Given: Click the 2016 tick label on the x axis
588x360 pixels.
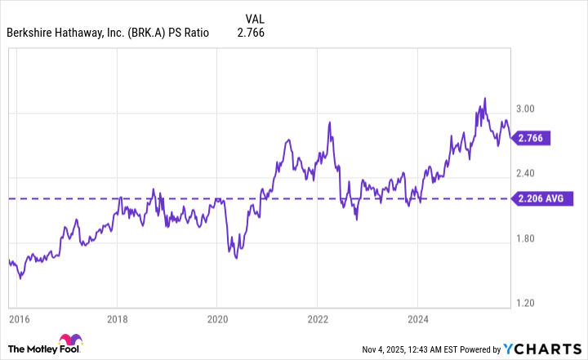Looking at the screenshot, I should coord(19,320).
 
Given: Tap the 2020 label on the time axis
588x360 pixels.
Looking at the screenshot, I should coord(216,320).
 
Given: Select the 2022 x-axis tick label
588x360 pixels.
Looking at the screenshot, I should coord(318,320).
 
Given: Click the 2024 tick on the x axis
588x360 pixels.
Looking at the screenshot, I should coord(417,320).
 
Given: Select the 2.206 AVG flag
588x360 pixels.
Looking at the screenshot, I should coord(543,198).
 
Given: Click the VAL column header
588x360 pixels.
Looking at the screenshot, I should coord(255,17).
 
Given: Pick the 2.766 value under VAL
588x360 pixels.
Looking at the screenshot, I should coord(251,33).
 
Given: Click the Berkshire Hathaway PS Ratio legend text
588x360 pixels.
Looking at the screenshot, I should coord(108,33).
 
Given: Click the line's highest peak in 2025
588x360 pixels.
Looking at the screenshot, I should coord(484,99).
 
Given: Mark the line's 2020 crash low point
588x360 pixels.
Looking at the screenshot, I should coord(236,258).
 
